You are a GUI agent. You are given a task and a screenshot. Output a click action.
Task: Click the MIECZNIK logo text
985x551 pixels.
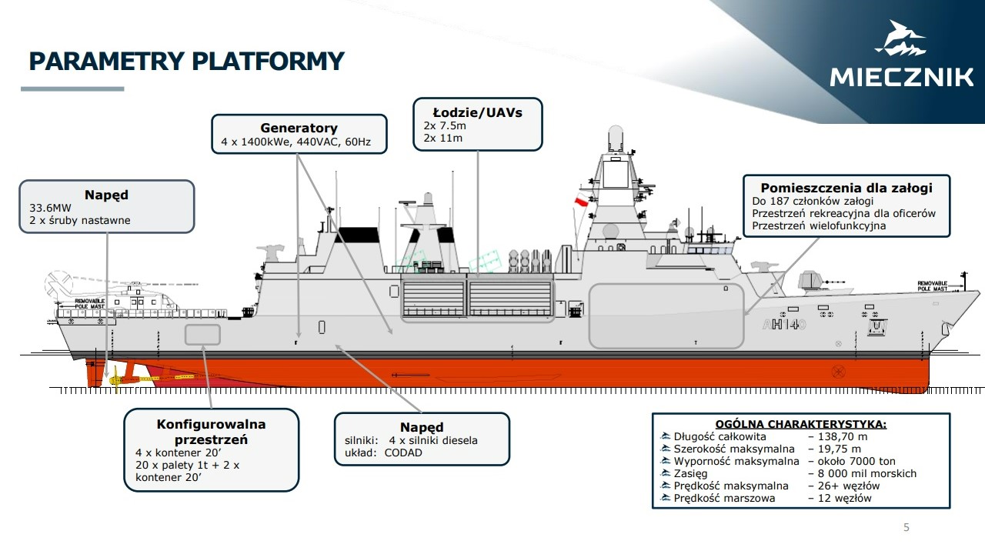pos(901,78)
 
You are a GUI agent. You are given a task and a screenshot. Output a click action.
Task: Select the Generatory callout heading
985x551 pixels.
pos(299,129)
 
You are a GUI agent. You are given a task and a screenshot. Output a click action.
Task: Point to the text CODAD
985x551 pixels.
pos(403,452)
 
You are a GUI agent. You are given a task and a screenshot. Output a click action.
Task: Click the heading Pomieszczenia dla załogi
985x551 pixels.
pos(846,188)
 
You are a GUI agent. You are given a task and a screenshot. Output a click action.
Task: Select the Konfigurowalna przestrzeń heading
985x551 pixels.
pos(211,432)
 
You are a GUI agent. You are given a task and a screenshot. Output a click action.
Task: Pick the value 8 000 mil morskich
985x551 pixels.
pos(863,473)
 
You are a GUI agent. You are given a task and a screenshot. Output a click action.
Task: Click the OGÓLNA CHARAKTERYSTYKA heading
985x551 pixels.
pos(800,423)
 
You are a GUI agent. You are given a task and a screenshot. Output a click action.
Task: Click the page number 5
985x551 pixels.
pos(906,527)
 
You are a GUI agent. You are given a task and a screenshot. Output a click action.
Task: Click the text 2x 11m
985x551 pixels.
pos(443,138)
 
